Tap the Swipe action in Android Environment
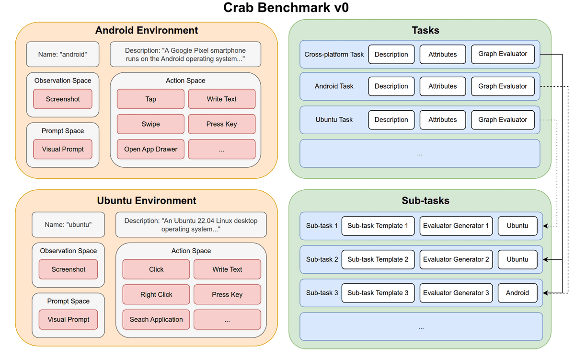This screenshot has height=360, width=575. tap(150, 124)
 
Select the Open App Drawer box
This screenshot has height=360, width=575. tap(150, 149)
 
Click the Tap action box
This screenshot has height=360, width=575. tap(150, 99)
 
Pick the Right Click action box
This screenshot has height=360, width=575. tap(156, 294)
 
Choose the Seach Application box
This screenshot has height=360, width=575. tap(156, 319)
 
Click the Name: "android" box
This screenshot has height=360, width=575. tap(62, 54)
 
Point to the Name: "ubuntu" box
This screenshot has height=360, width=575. tap(68, 225)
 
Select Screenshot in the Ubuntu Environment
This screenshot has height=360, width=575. tap(68, 269)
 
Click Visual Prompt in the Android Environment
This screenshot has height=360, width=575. tap(63, 149)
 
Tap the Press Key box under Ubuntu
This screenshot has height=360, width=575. tap(227, 294)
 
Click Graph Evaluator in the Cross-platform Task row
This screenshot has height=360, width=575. tap(503, 54)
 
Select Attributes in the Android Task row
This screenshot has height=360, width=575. tap(442, 86)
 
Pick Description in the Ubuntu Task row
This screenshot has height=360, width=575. tap(391, 120)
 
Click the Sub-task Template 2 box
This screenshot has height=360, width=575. tap(378, 259)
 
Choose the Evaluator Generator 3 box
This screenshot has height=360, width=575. tap(456, 293)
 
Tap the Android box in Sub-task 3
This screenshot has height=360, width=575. tap(517, 293)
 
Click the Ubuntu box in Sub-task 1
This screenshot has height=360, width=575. tap(517, 226)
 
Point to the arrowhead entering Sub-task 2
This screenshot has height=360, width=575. tap(546, 259)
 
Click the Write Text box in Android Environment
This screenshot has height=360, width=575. tap(221, 99)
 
